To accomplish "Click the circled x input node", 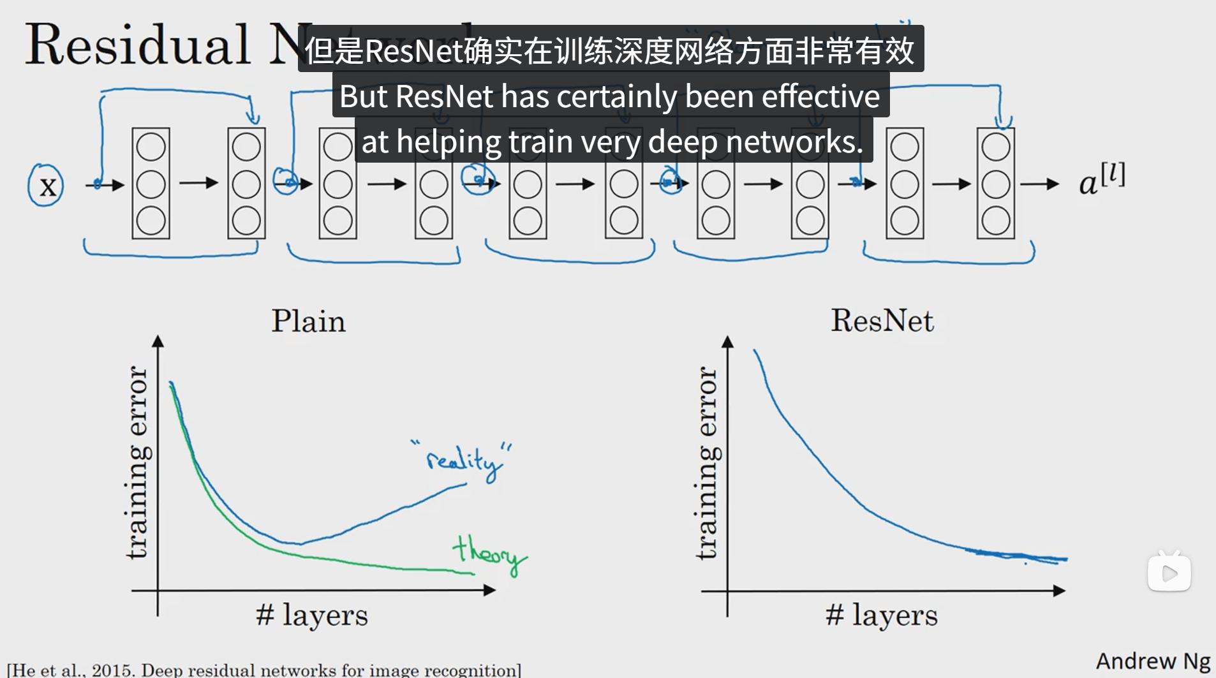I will click(x=46, y=186).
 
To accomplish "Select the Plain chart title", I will click(x=308, y=321).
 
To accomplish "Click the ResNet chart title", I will click(x=882, y=320).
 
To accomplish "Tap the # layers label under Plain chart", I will click(x=312, y=615).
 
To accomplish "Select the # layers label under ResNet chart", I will click(x=882, y=615).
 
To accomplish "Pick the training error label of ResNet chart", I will click(x=706, y=463).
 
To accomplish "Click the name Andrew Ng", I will click(x=1153, y=661).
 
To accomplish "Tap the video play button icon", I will click(x=1169, y=572).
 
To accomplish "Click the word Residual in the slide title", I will click(x=137, y=45).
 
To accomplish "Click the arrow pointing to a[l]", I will click(x=1040, y=184).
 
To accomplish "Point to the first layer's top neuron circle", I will click(x=151, y=147).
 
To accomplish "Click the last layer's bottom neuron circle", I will click(x=996, y=221).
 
